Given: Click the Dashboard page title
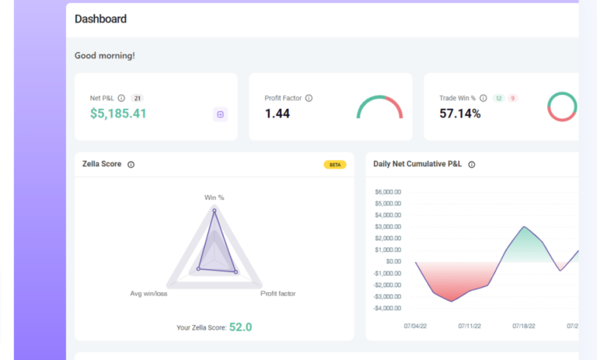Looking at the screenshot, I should (x=100, y=19).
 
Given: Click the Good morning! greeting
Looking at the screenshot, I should (x=104, y=56).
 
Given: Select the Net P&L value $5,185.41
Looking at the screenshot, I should (x=118, y=114).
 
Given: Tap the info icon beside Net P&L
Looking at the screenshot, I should (x=121, y=99).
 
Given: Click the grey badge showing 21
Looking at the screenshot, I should (x=137, y=99).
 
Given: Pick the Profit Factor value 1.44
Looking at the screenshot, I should (x=277, y=114).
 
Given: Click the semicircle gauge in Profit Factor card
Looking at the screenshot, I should (x=379, y=107).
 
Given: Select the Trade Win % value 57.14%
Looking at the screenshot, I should (x=460, y=114).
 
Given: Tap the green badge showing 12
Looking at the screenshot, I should (x=498, y=99).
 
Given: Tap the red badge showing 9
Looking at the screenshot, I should (x=512, y=99).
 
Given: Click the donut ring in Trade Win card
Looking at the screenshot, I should (x=562, y=107).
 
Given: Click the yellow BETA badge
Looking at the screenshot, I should (x=335, y=165).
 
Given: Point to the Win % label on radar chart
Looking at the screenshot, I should (x=214, y=197).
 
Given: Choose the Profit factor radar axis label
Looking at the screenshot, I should (x=278, y=294).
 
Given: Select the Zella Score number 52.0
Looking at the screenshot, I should (x=240, y=327).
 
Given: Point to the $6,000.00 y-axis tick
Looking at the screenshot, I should (x=389, y=192).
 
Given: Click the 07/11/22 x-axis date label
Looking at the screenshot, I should (x=470, y=327).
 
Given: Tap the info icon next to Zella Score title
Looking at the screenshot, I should (x=131, y=165).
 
